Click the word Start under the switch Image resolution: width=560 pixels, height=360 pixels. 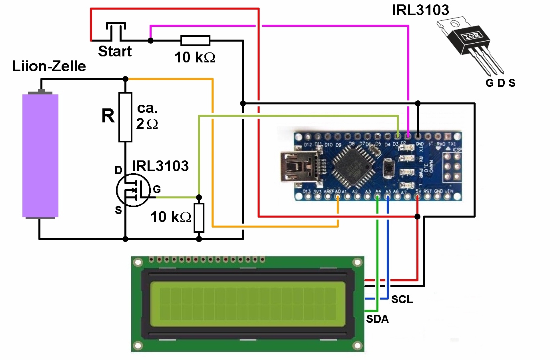click(115, 52)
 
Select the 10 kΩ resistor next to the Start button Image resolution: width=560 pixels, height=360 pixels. click(195, 40)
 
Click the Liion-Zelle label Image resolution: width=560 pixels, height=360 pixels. click(49, 66)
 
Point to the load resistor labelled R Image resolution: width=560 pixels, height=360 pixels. click(125, 117)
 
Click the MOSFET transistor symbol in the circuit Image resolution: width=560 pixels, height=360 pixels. click(133, 190)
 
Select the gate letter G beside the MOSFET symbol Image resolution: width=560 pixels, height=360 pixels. click(157, 189)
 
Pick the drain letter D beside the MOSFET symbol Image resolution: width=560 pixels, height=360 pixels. click(118, 170)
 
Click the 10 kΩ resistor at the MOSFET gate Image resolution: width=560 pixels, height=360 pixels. click(199, 218)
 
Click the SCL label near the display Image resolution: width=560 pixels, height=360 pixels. click(402, 300)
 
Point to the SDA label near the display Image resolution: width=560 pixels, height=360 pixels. click(377, 319)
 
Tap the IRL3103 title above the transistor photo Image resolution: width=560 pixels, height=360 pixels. click(420, 10)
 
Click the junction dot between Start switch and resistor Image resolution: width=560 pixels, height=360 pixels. click(150, 40)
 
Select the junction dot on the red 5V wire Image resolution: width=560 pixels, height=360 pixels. click(418, 216)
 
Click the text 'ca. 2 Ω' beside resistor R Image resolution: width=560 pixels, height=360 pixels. click(147, 116)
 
